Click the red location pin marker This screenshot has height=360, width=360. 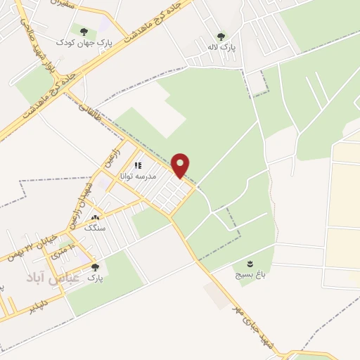coord(181,165)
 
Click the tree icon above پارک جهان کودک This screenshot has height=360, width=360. coord(84,32)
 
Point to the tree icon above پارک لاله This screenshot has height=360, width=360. coord(221,37)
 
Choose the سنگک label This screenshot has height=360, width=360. coord(94,229)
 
